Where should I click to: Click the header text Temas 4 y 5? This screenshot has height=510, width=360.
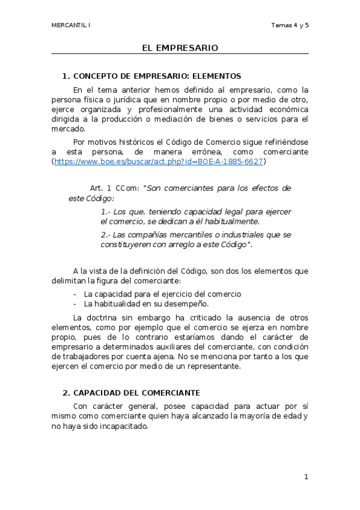290,25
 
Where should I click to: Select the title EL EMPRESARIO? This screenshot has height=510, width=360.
180,48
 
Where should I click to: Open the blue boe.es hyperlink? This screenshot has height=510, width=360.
159,162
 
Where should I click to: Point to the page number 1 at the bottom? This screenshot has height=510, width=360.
306,477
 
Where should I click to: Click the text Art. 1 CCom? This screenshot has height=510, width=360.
114,188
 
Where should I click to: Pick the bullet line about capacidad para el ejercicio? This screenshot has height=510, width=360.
162,294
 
